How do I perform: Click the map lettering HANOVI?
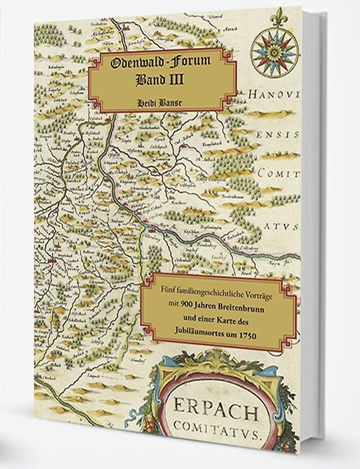(273, 94)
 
